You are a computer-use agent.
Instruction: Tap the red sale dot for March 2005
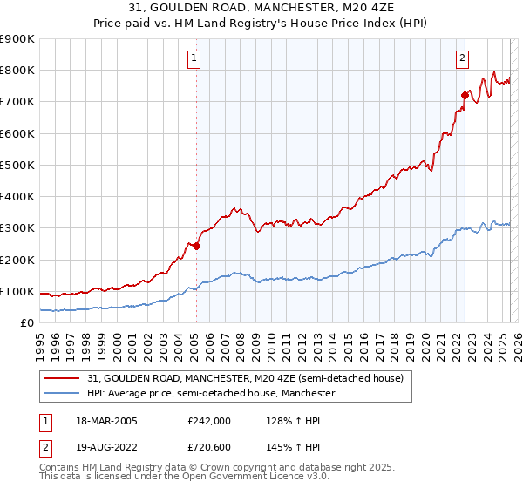(x=196, y=246)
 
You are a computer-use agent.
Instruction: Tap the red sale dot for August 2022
(x=465, y=95)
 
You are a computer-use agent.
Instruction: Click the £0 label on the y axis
(x=28, y=323)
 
